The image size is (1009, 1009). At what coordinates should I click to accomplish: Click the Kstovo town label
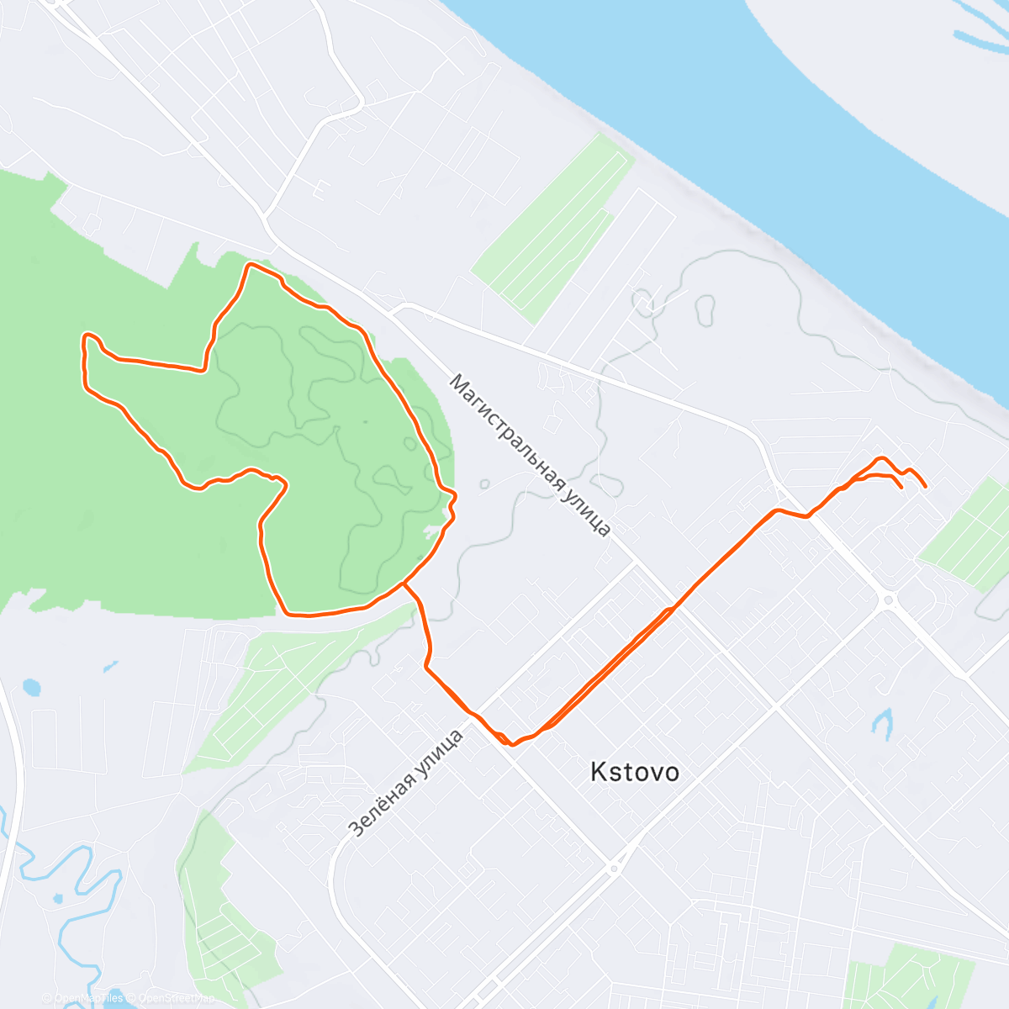[634, 772]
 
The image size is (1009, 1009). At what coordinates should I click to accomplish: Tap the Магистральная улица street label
[530, 455]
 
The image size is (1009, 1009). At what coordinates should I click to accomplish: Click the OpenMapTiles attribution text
[89, 999]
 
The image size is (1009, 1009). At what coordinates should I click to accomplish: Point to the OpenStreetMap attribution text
[177, 999]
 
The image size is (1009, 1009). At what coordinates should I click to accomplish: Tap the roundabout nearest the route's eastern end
[887, 600]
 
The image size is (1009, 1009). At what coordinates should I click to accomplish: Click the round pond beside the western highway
[31, 688]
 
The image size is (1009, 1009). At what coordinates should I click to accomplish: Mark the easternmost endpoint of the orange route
[926, 486]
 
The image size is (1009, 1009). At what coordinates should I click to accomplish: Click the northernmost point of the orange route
[250, 265]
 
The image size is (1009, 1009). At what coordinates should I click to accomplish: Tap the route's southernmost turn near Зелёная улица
[511, 744]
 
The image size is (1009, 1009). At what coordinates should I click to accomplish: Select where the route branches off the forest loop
[404, 583]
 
